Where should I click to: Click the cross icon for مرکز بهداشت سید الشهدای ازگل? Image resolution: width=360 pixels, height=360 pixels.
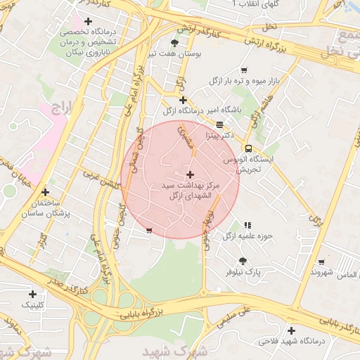click(x=190, y=174)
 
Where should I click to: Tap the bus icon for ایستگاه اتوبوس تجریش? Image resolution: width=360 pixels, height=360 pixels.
click(x=248, y=148)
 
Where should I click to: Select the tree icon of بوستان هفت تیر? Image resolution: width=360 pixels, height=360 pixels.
click(x=175, y=43)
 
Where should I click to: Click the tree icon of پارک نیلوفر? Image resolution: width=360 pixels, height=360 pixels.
click(x=243, y=260)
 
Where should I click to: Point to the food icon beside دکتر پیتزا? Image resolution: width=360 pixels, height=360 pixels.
click(x=219, y=124)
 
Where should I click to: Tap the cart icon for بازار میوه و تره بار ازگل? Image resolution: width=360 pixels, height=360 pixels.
click(x=244, y=70)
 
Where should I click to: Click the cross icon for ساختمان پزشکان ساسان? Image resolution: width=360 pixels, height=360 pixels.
click(x=46, y=191)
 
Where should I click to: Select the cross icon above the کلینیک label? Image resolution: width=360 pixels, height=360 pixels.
click(x=32, y=294)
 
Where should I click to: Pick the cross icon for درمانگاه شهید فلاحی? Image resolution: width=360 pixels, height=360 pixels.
click(x=291, y=330)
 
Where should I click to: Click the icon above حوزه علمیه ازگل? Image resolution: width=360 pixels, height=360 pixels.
click(x=247, y=225)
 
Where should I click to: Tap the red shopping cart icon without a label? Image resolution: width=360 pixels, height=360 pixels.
click(x=148, y=229)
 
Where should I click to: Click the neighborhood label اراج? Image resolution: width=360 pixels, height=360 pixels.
click(x=61, y=108)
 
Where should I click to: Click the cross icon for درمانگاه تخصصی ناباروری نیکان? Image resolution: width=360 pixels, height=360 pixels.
click(x=87, y=22)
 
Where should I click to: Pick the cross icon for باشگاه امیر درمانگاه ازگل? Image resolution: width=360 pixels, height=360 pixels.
click(x=183, y=100)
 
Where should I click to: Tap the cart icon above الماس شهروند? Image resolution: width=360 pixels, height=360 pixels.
click(x=321, y=262)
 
